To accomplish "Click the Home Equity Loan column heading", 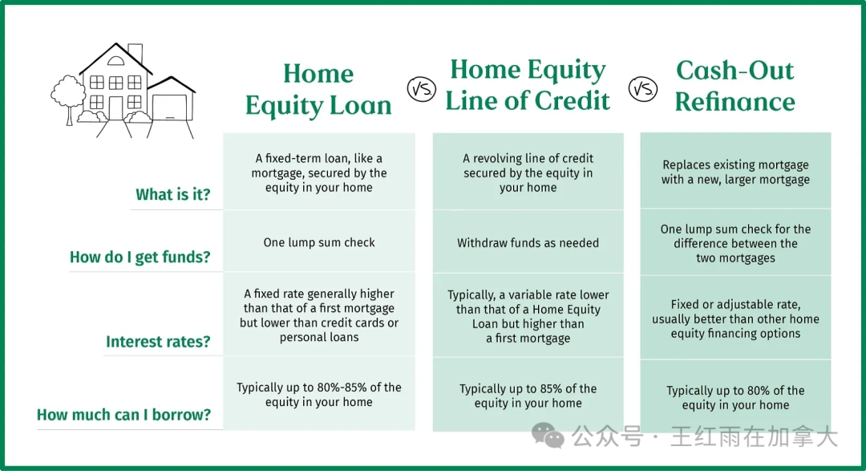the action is point(318,90).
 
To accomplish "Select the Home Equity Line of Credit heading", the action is point(528,85).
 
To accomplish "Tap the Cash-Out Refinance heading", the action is point(735,86).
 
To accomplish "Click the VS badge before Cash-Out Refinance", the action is point(643,89).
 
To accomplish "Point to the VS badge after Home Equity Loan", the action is point(422,89).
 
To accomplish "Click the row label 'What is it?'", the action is point(173,195).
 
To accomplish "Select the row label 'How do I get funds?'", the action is point(140,257).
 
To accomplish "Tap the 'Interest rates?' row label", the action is point(158,342).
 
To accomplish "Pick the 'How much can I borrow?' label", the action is point(123,415).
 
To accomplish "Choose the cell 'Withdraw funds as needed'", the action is point(528,242).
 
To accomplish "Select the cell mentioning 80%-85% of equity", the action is point(319,394).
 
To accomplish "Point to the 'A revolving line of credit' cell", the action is point(528,173).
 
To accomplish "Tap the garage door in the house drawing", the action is point(169,108).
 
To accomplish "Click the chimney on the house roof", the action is point(136,53).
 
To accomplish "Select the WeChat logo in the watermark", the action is point(548,435).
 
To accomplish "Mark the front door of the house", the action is point(116,108).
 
